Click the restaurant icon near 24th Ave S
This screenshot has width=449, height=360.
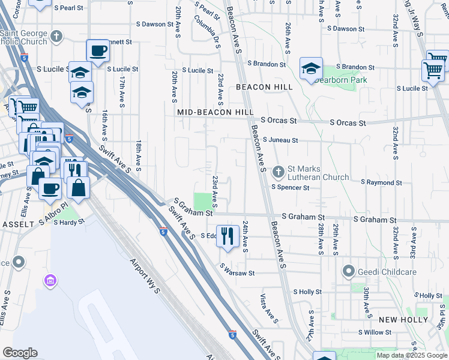(227, 236)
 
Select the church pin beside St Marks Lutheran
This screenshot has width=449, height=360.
(278, 172)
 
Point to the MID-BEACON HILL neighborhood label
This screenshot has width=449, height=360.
(215, 112)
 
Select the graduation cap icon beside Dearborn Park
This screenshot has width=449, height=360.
(312, 69)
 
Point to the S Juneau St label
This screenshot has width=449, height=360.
(280, 140)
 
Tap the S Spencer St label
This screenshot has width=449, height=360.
(290, 187)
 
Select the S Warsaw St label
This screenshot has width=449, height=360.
(237, 273)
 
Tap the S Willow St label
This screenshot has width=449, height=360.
(375, 332)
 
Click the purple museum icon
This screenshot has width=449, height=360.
(50, 281)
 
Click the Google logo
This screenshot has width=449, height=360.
(20, 353)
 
